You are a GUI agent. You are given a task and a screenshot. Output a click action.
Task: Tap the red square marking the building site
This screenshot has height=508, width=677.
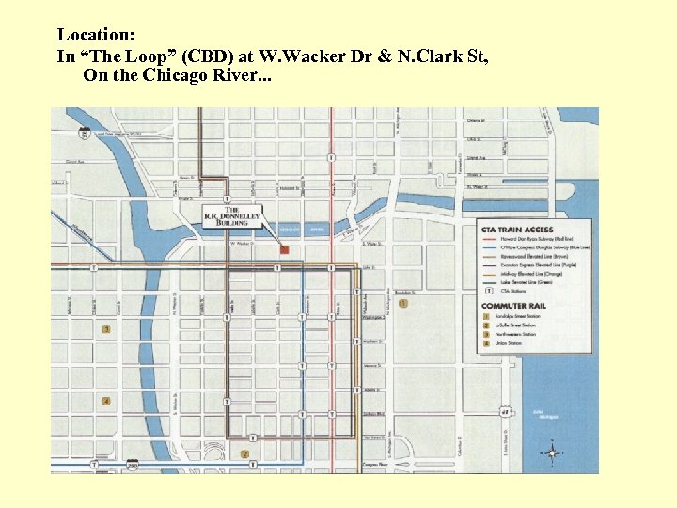[x=284, y=249]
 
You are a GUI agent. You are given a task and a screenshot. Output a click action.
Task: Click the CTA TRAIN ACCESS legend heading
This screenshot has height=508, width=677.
[x=517, y=230]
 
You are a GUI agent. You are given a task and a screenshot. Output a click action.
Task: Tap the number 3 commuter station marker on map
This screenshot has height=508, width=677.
[x=106, y=329]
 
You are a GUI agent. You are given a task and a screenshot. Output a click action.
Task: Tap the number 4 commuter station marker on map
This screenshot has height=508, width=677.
[x=106, y=402]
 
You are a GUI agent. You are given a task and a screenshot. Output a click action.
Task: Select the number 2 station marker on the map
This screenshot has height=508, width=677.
[x=244, y=454]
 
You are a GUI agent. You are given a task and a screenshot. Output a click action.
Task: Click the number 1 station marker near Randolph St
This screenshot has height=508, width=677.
[x=403, y=303]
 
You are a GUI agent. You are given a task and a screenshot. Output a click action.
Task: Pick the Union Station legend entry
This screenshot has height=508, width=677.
[x=512, y=344]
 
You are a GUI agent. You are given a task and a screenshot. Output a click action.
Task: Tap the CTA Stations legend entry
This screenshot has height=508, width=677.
[x=513, y=291]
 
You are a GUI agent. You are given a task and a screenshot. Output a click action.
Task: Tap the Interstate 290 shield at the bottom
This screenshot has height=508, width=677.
[x=133, y=465]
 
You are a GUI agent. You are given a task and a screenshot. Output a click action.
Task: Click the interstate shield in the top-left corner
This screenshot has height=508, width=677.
[x=85, y=134]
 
